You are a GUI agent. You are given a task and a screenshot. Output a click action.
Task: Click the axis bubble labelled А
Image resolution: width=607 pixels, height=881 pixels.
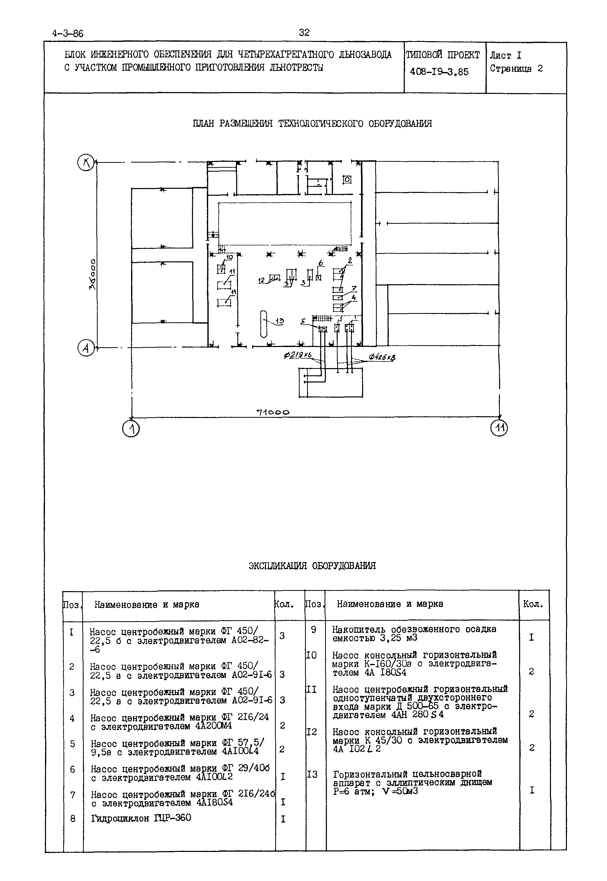86,348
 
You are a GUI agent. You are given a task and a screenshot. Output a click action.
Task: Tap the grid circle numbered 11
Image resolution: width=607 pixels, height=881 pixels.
499,428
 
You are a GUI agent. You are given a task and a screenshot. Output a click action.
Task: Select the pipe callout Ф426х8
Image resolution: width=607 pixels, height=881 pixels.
381,357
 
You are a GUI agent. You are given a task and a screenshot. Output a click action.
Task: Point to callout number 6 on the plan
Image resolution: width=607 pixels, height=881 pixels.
321,263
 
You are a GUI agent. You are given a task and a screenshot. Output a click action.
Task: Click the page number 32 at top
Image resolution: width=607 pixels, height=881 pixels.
304,33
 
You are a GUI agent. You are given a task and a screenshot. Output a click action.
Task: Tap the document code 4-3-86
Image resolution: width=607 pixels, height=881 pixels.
68,33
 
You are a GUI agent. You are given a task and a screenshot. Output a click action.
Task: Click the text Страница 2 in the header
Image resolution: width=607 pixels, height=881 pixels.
516,69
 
